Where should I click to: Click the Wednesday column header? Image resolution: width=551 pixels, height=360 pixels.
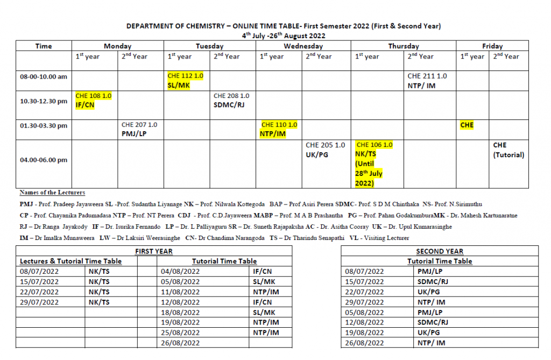pos(303,46)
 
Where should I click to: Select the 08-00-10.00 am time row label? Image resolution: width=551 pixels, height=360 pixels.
pos(44,76)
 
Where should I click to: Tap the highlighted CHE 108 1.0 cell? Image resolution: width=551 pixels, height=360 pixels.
pos(94,100)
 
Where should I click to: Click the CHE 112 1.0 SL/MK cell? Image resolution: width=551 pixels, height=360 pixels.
pos(186,80)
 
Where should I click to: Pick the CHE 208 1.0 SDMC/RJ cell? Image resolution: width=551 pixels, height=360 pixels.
pos(231,100)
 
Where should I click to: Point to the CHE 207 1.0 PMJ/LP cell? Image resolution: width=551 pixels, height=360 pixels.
pos(139,129)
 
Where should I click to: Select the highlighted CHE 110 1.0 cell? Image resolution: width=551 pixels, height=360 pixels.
pos(279,129)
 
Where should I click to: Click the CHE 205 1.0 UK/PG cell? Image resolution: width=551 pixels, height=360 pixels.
pos(325,150)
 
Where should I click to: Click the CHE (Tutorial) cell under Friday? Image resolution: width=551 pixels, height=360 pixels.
pos(508,150)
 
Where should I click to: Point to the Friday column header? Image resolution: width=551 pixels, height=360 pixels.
pos(492,46)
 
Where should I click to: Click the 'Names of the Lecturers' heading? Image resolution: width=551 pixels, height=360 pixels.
pos(52,193)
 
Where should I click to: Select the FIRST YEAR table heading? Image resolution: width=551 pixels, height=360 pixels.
pos(154,251)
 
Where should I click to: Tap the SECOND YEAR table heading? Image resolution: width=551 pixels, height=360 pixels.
pos(440,251)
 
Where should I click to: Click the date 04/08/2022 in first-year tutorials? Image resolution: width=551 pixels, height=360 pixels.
pos(180,271)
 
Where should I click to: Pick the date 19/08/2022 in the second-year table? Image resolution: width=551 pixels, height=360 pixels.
pos(364,333)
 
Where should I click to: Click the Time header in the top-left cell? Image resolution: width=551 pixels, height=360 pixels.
pos(44,46)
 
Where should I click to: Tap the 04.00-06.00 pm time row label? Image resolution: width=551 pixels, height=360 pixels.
pos(44,160)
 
